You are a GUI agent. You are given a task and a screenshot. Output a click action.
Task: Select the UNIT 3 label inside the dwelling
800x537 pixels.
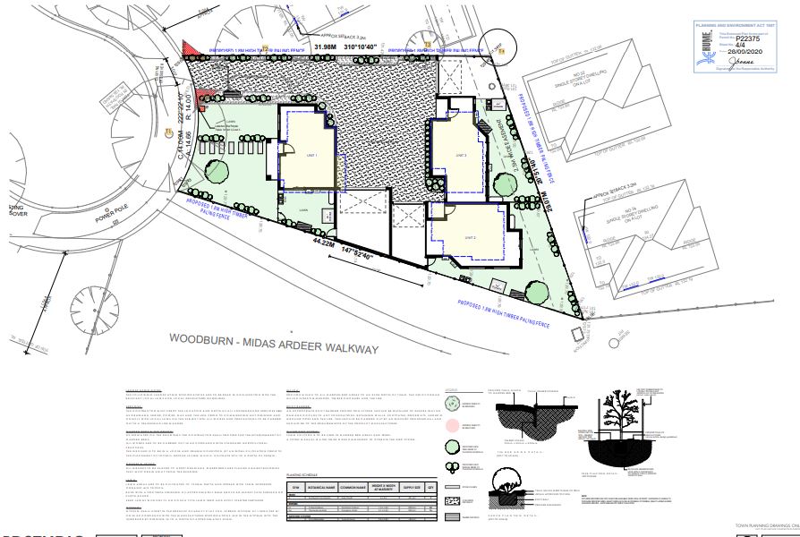click(461, 155)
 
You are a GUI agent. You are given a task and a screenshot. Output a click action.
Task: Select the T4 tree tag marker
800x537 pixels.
click(502, 52)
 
